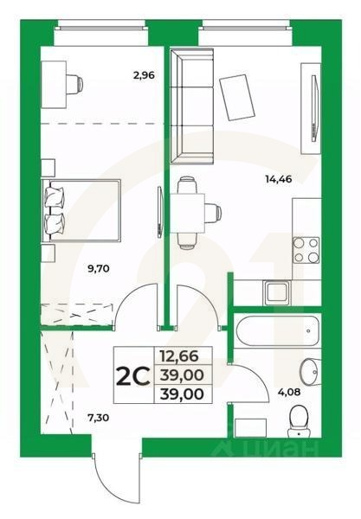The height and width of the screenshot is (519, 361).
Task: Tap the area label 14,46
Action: [278, 182]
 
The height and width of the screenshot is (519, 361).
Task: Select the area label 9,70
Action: [100, 269]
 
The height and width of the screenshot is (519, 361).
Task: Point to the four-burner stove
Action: [306, 249]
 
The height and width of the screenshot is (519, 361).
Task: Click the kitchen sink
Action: [277, 292]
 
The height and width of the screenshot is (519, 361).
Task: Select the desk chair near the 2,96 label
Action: [77, 84]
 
